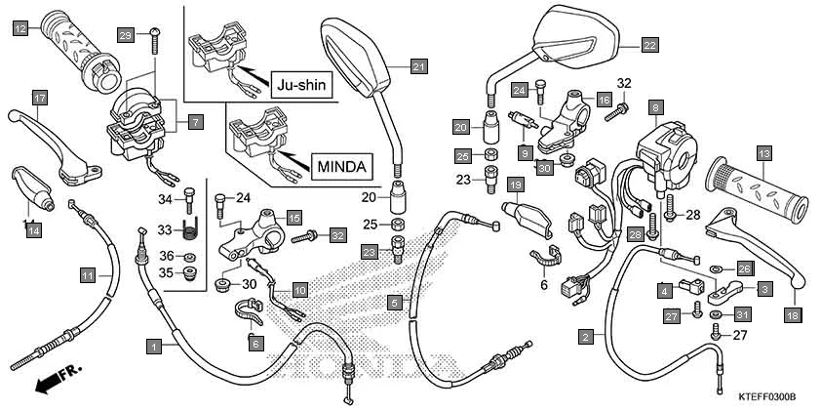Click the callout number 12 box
coord(20,30)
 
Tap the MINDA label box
coord(343,166)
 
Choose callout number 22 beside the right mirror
coord(649,44)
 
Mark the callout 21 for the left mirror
coord(418,66)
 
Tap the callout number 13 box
coord(764,153)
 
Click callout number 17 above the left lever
coord(39,99)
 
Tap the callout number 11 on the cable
coord(88,276)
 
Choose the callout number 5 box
coord(394,303)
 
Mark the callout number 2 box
coord(586,337)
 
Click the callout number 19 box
coord(515,185)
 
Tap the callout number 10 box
coord(300,290)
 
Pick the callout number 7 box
coord(195,122)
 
